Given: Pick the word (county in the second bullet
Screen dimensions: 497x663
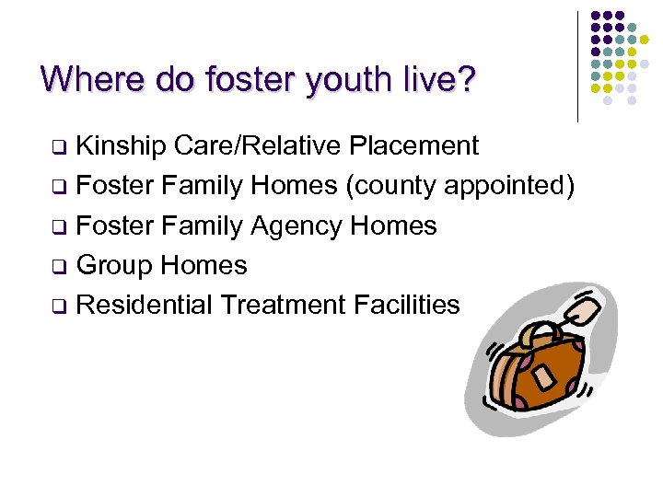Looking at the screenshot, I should (392, 186).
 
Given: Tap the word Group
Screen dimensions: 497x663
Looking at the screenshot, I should (114, 265).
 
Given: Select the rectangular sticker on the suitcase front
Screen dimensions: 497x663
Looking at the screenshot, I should (544, 376).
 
